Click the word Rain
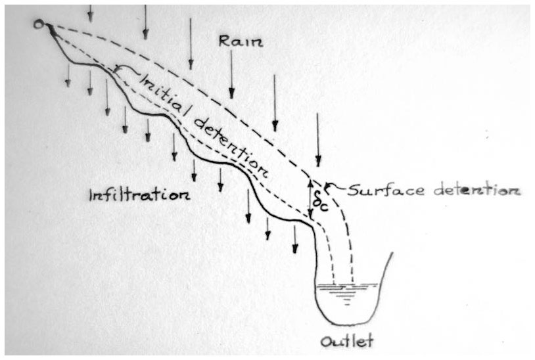pyautogui.click(x=241, y=41)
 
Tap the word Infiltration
pyautogui.click(x=139, y=195)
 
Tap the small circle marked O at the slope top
pyautogui.click(x=40, y=24)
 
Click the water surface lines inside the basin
pyautogui.click(x=348, y=288)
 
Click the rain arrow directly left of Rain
pyautogui.click(x=190, y=43)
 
